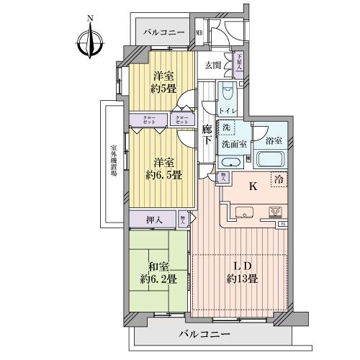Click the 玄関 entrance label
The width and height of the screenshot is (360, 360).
tap(212, 65)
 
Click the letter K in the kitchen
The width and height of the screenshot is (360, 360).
tap(252, 186)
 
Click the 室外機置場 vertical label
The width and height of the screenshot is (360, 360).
tap(113, 162)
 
